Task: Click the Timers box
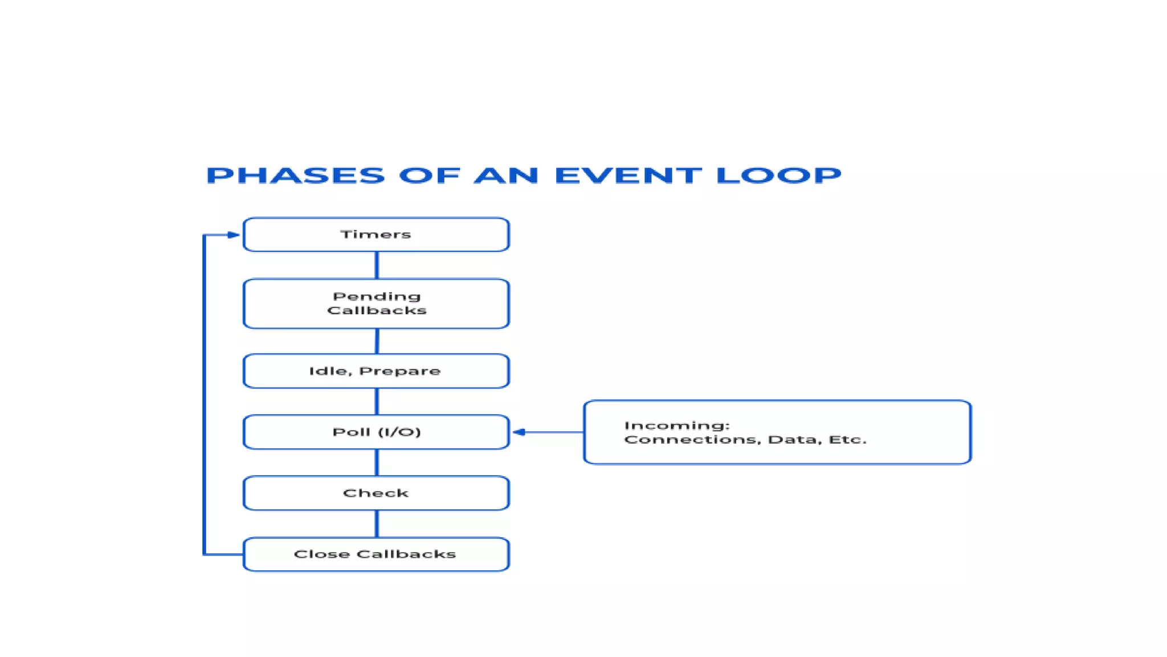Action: pyautogui.click(x=376, y=234)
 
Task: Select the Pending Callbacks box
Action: pyautogui.click(x=376, y=303)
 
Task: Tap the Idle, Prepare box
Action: pyautogui.click(x=376, y=371)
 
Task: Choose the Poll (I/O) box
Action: pyautogui.click(x=376, y=432)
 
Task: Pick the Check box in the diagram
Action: pyautogui.click(x=376, y=493)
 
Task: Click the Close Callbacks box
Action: pyautogui.click(x=376, y=554)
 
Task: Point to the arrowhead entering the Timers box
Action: pyautogui.click(x=234, y=234)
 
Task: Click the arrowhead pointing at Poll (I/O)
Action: pyautogui.click(x=519, y=432)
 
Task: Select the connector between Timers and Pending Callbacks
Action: pyautogui.click(x=377, y=265)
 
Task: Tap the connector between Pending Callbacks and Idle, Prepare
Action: pyautogui.click(x=377, y=341)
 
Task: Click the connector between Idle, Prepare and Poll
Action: pyautogui.click(x=377, y=401)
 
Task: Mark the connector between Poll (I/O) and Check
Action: pyautogui.click(x=377, y=463)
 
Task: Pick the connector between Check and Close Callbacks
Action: pyautogui.click(x=377, y=524)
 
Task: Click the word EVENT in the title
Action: pyautogui.click(x=628, y=175)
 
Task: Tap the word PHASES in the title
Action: pyautogui.click(x=296, y=175)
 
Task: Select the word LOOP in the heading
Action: pyautogui.click(x=778, y=175)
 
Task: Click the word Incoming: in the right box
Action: pyautogui.click(x=677, y=425)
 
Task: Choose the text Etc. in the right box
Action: pyautogui.click(x=847, y=440)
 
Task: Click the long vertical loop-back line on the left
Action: pyautogui.click(x=204, y=394)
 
